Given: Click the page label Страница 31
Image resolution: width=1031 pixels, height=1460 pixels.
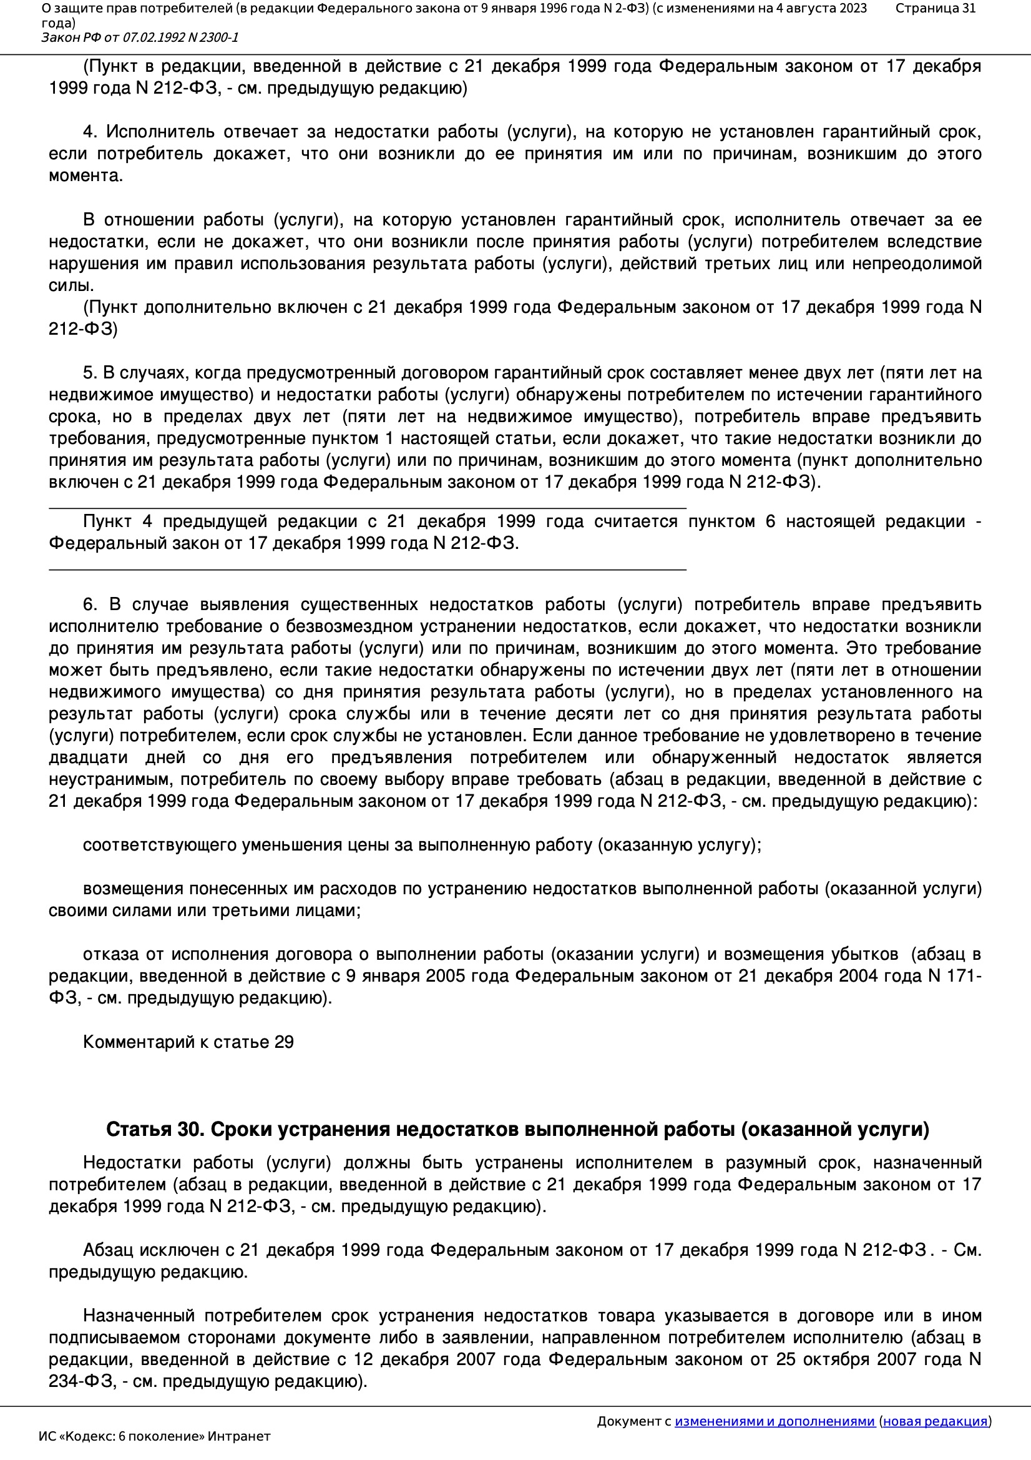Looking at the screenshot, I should pos(935,8).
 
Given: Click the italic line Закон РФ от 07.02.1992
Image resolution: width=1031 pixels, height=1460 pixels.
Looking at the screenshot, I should pos(140,37).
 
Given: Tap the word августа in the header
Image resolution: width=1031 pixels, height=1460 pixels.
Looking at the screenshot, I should pos(806,8).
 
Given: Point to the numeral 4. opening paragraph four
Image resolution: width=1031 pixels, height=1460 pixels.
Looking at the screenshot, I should pos(90,132).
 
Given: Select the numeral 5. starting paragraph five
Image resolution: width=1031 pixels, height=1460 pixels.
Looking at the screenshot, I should pos(90,373).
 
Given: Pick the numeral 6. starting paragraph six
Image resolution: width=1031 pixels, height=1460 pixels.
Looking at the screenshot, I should pos(90,604).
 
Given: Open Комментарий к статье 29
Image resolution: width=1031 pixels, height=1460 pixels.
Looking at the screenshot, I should pos(188,1042).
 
